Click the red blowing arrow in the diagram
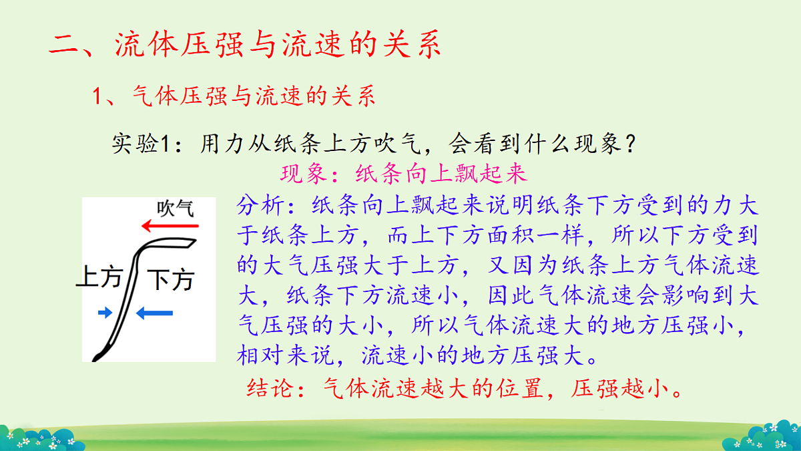[x=170, y=226]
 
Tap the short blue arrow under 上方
[x=105, y=313]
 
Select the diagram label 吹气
[x=175, y=208]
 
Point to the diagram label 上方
[x=98, y=276]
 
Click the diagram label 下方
[x=170, y=279]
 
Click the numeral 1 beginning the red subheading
[x=97, y=97]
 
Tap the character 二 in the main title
[x=65, y=47]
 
